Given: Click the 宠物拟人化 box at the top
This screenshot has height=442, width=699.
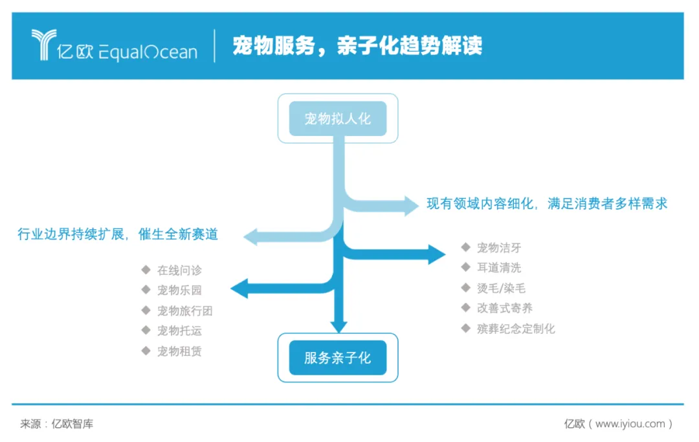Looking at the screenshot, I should click(x=337, y=118).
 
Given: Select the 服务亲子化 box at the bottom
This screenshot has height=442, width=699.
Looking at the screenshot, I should click(x=337, y=357).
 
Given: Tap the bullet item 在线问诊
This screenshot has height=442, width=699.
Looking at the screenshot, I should click(x=179, y=270).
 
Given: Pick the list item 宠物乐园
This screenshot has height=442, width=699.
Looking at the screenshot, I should click(x=179, y=290).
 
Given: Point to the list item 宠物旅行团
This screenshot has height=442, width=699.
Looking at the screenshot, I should click(x=184, y=311).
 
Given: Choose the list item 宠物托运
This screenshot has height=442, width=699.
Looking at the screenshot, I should click(x=179, y=331).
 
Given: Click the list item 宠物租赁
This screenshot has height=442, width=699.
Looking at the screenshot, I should click(x=179, y=351).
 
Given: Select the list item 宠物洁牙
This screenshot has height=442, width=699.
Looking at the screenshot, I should click(x=498, y=247).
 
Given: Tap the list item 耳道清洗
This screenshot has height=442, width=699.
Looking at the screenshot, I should click(x=498, y=267).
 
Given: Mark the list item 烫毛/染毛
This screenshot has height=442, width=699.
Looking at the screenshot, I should click(x=501, y=288).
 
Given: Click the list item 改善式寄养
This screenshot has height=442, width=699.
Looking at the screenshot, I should click(x=505, y=308).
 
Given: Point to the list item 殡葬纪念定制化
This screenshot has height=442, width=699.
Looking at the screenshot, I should click(x=516, y=329).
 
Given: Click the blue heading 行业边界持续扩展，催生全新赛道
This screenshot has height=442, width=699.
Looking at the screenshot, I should click(x=118, y=234).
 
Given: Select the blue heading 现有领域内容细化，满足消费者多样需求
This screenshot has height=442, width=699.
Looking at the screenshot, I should click(x=546, y=203).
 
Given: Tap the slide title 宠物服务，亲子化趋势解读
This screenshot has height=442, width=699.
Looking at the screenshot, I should click(x=357, y=46).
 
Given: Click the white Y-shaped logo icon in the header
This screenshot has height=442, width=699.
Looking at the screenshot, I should click(x=44, y=45).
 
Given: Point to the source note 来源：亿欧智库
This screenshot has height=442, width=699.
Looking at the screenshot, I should click(x=57, y=424).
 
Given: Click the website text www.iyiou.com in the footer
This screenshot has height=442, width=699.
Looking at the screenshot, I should click(x=630, y=424).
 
